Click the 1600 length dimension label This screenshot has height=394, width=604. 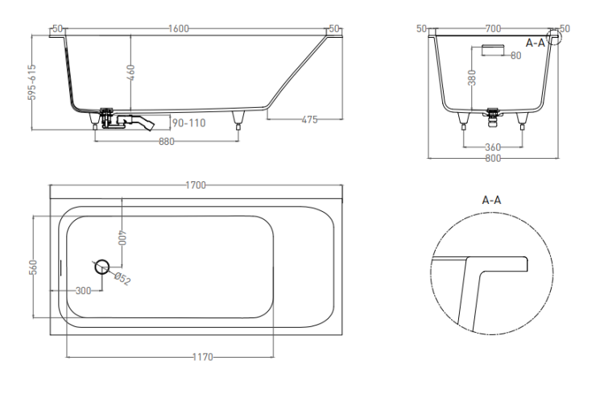[179, 29]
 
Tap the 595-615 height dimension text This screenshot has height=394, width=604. [33, 82]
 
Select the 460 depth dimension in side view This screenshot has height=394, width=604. [131, 73]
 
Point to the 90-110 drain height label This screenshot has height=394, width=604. [188, 123]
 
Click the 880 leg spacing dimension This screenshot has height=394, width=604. [167, 142]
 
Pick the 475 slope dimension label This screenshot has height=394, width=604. [310, 119]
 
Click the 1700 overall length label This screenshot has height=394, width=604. [196, 185]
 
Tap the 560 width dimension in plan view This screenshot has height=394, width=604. [33, 268]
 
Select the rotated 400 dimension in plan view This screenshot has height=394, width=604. [122, 238]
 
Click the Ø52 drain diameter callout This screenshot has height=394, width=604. [122, 278]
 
